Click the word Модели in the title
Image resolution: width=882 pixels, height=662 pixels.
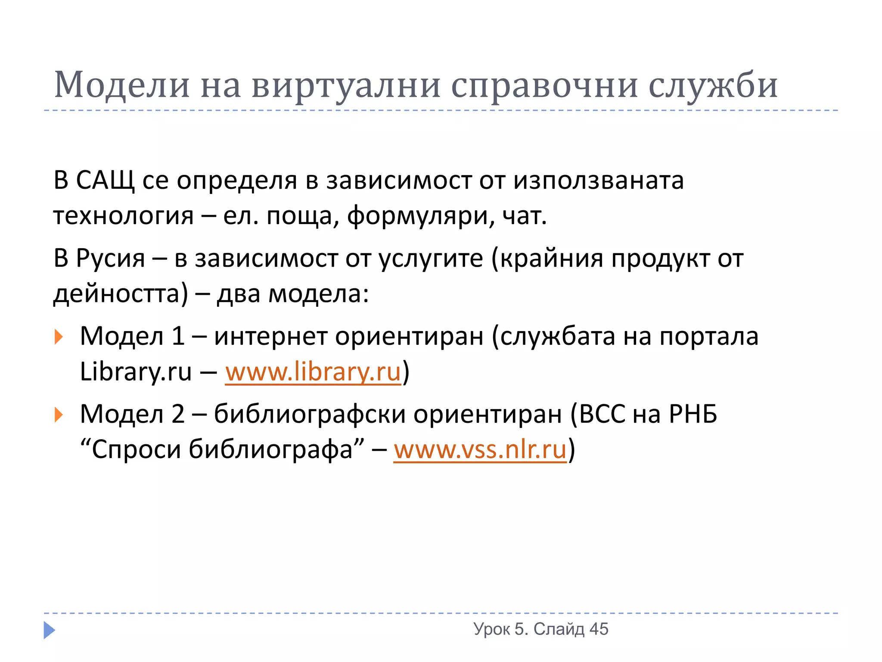tap(122, 85)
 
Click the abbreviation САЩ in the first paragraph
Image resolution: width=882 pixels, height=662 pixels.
tap(105, 180)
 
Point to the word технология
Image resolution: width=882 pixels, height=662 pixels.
tap(123, 215)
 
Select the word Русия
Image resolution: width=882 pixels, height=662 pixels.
tap(111, 259)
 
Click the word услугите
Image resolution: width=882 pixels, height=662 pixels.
tap(431, 259)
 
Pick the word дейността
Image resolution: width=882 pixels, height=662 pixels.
tap(121, 294)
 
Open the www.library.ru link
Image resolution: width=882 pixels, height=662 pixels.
tap(313, 372)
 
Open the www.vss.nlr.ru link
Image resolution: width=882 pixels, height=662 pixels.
tap(480, 450)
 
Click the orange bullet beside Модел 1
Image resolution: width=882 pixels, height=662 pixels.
tap(59, 337)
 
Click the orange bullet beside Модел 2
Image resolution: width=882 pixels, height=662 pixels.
tap(59, 415)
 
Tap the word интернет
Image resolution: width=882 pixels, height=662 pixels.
tap(271, 337)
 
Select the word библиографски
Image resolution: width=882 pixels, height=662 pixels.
tap(310, 415)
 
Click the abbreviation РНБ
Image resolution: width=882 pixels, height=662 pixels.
tap(693, 415)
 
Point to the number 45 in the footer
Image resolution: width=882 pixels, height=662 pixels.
tap(599, 629)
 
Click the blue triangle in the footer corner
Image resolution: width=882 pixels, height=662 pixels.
tap(49, 630)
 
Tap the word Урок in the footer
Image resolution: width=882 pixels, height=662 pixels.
tap(491, 629)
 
